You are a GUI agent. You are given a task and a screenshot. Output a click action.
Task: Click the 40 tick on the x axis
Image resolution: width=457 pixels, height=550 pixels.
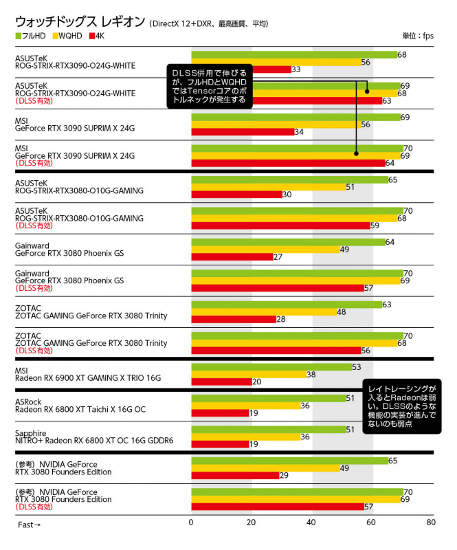[x=311, y=523]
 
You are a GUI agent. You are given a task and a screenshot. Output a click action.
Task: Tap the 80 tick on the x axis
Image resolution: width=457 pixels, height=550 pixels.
[x=430, y=523]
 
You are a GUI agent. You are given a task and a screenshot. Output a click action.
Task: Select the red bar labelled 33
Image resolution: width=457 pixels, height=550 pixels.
[x=240, y=69]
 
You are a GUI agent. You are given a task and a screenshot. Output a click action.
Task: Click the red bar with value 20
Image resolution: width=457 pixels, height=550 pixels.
[x=221, y=382]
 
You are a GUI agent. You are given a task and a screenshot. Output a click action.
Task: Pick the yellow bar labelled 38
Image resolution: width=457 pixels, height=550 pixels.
[x=247, y=374]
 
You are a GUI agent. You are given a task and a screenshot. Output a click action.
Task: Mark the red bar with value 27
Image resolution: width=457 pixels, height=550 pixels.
[x=231, y=256]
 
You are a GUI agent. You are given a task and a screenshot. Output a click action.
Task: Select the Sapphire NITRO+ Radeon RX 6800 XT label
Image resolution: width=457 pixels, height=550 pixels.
[x=93, y=437]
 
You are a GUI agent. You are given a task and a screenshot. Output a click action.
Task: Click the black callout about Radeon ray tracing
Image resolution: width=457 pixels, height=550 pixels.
[x=401, y=406]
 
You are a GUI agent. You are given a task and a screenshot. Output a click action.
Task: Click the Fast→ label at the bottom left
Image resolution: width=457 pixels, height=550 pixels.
[x=29, y=524]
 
